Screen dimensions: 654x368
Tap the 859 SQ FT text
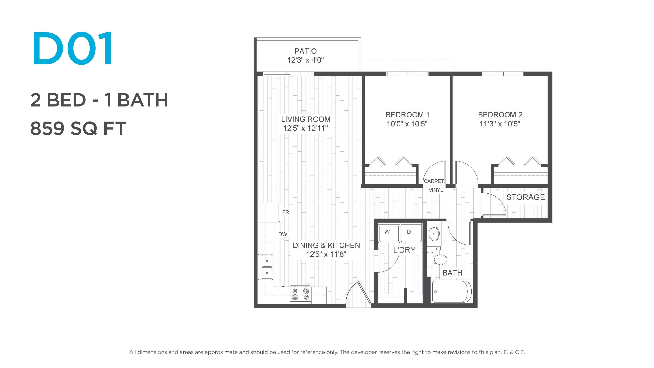[x=78, y=128]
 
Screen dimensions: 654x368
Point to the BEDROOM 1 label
[x=407, y=115]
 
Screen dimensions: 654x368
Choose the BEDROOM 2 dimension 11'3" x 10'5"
[x=500, y=124]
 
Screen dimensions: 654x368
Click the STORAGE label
[x=526, y=197]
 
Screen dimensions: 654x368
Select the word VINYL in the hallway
[x=436, y=190]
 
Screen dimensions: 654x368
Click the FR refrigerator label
[x=286, y=212]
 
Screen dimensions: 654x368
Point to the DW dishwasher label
[x=283, y=234]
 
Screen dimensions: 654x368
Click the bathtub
[x=452, y=292]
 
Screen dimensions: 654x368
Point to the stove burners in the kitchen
[x=301, y=294]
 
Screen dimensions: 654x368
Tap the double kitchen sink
[x=266, y=267]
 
